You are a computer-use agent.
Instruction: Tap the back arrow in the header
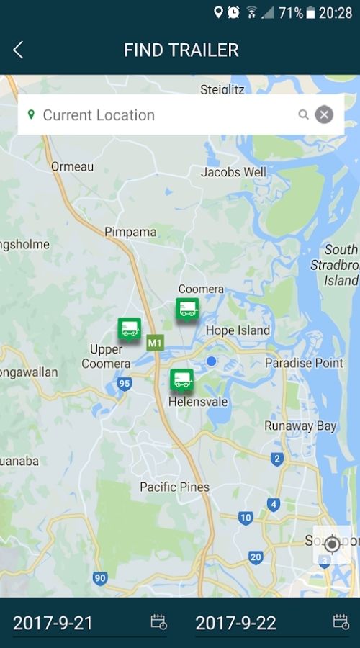click(x=18, y=50)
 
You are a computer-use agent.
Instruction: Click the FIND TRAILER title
click(x=181, y=50)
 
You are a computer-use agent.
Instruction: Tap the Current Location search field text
click(x=99, y=114)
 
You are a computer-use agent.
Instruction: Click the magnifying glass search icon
click(x=304, y=114)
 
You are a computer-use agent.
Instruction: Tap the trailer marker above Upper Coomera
click(x=130, y=329)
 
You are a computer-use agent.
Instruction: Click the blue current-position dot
click(x=211, y=361)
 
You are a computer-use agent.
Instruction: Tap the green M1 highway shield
click(x=154, y=343)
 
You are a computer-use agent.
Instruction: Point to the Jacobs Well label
click(x=233, y=172)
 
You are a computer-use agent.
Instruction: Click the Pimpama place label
click(x=130, y=232)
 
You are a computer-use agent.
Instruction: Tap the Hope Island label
click(x=238, y=330)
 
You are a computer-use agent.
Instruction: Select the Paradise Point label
click(x=304, y=363)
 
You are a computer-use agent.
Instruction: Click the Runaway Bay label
click(x=300, y=426)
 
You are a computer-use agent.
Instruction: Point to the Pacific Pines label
click(x=174, y=487)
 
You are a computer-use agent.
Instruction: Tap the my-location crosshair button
click(x=332, y=544)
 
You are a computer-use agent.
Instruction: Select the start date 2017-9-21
click(x=53, y=623)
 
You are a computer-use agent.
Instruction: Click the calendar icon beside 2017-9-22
click(x=341, y=622)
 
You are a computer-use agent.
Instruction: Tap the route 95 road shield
click(x=125, y=384)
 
